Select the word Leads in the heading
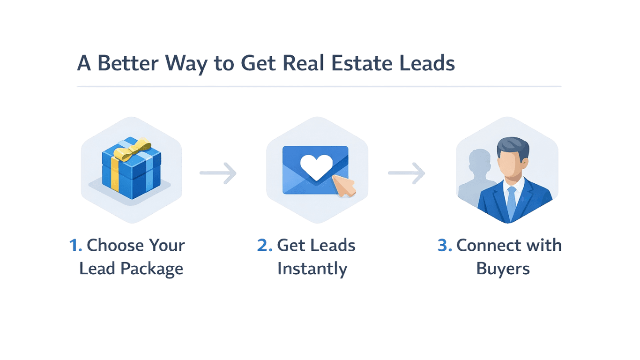[427, 64]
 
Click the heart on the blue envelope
[316, 167]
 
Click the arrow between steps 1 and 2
[218, 173]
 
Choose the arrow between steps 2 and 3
[407, 173]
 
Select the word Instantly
[312, 270]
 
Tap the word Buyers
[503, 269]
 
